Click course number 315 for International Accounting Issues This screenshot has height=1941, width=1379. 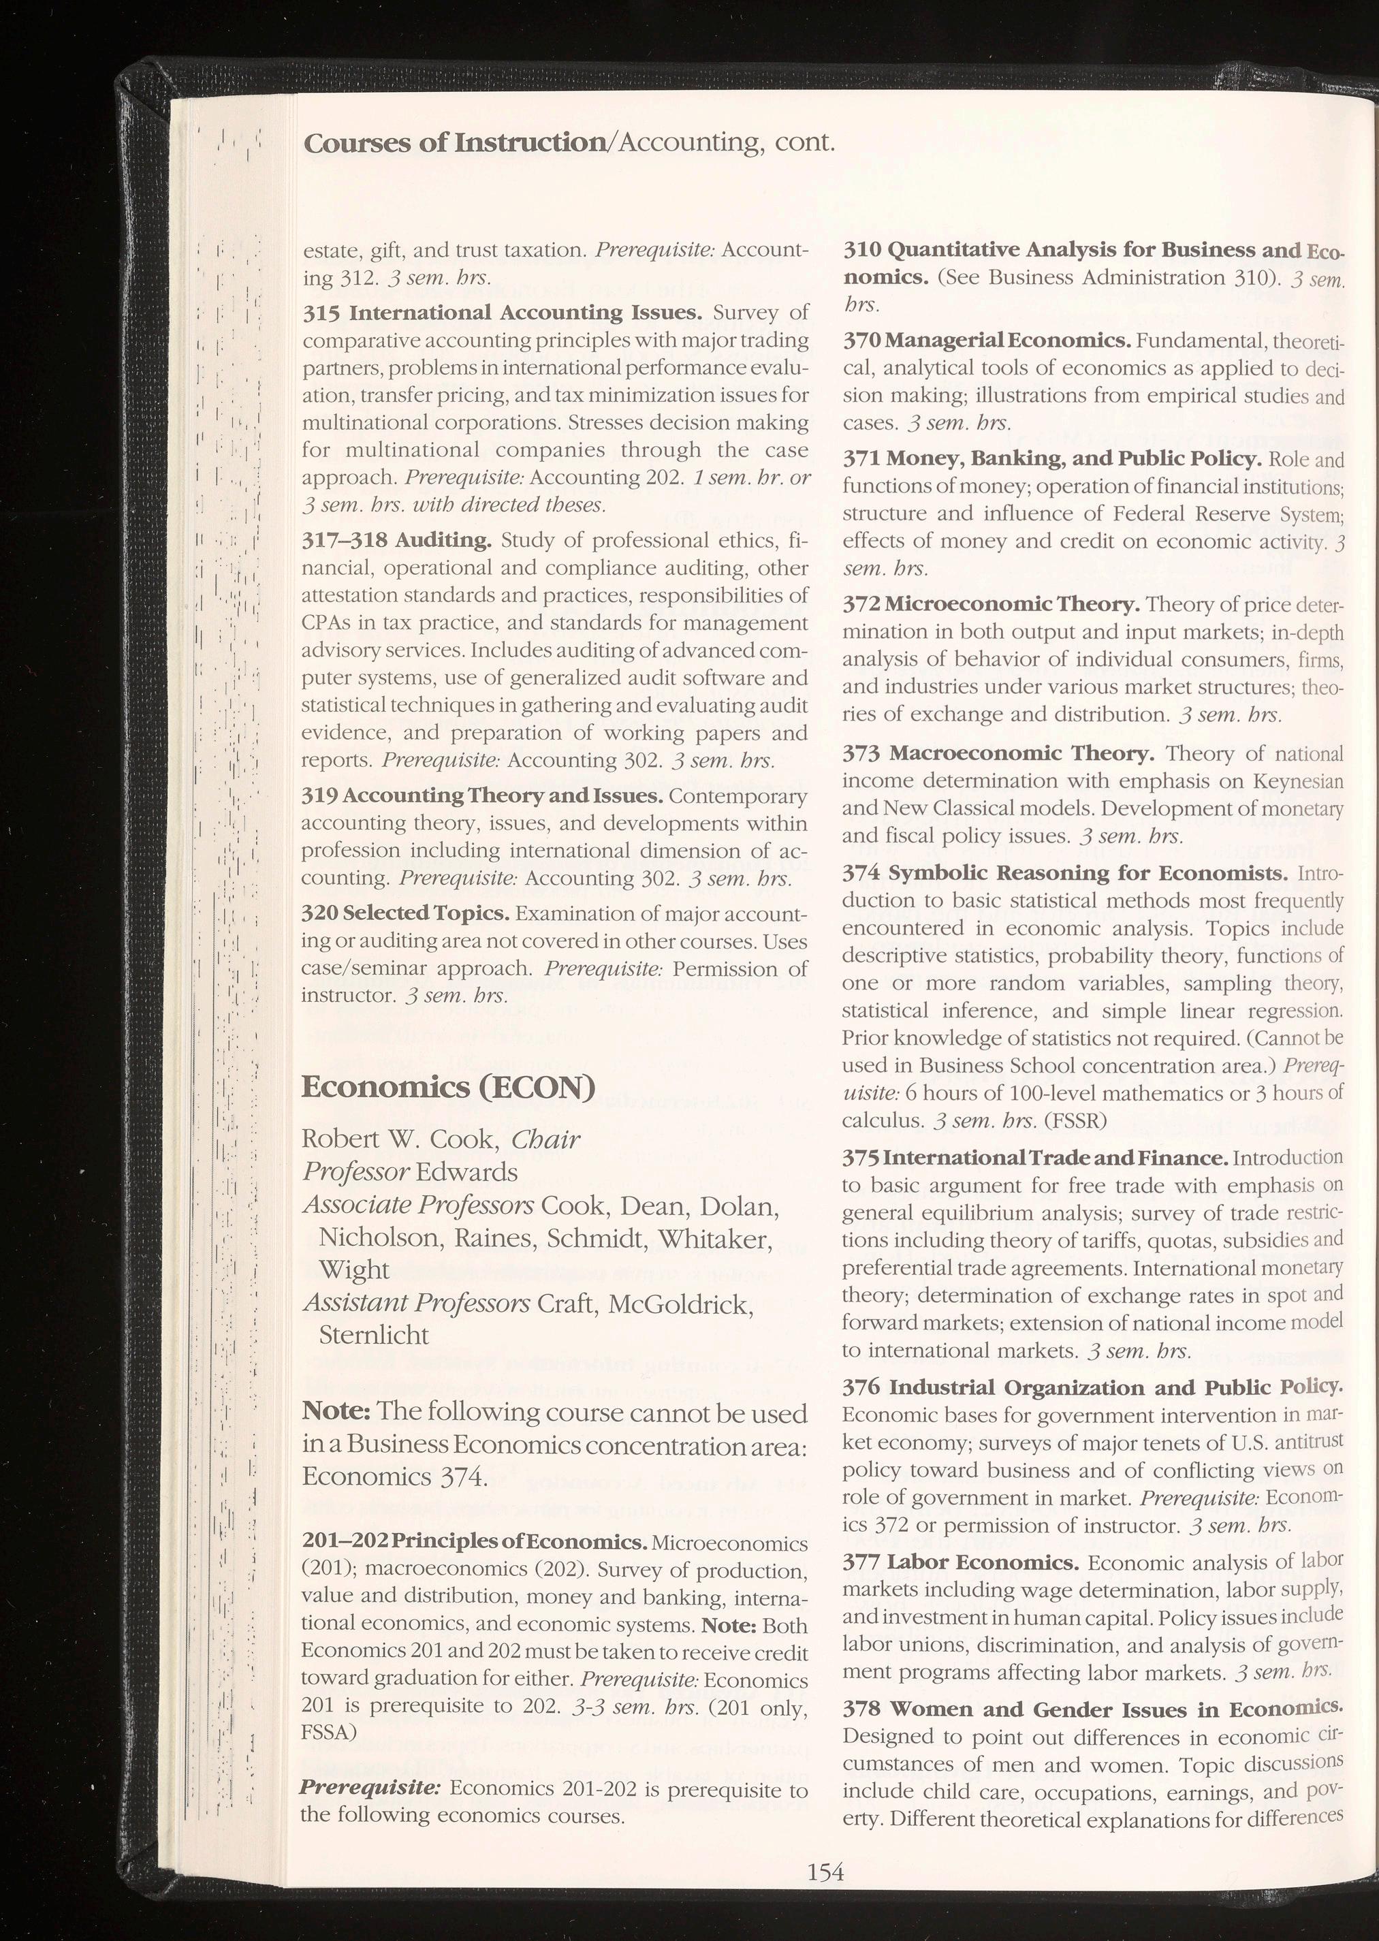tap(323, 313)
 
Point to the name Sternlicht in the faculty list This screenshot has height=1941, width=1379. tap(374, 1335)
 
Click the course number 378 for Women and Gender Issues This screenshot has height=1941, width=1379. tap(861, 1708)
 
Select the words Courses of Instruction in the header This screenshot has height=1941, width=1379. tap(451, 142)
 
